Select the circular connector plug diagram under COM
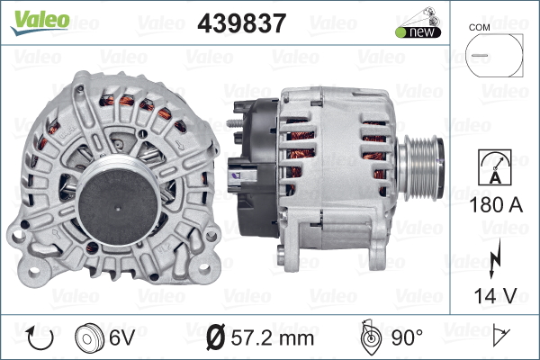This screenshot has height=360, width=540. tap(493, 56)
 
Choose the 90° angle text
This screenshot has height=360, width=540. tap(408, 338)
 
